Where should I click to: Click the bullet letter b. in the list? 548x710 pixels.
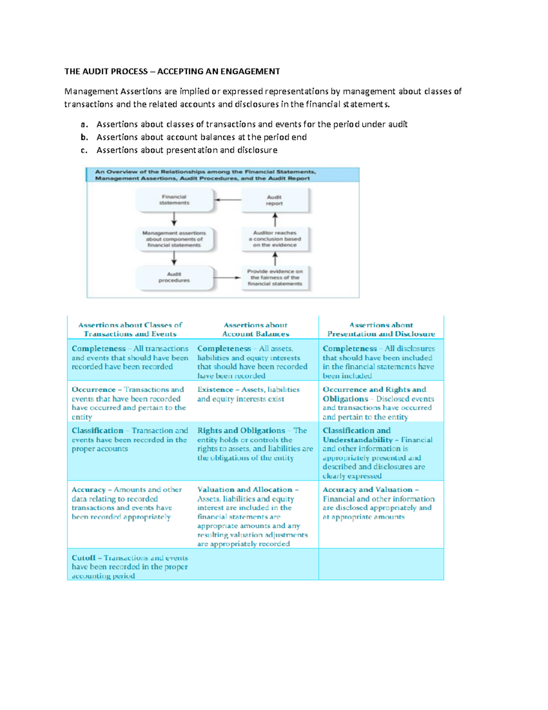84,137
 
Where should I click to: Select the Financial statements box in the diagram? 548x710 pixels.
174,200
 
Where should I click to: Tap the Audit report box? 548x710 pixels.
274,200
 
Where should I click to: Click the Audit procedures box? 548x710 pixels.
174,278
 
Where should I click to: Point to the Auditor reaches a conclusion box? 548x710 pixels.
274,239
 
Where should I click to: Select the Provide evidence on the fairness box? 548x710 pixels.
274,278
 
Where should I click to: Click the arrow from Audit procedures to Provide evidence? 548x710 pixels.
227,278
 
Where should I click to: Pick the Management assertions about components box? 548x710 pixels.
174,239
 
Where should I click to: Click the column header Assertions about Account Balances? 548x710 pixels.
255,329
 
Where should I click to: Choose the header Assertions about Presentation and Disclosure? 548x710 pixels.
381,329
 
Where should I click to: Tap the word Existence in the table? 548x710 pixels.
215,390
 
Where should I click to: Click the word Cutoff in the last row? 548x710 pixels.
84,558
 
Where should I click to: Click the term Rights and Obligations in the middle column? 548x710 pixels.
241,431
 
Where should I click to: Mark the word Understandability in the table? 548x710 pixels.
358,440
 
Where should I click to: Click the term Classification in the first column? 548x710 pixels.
97,431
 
